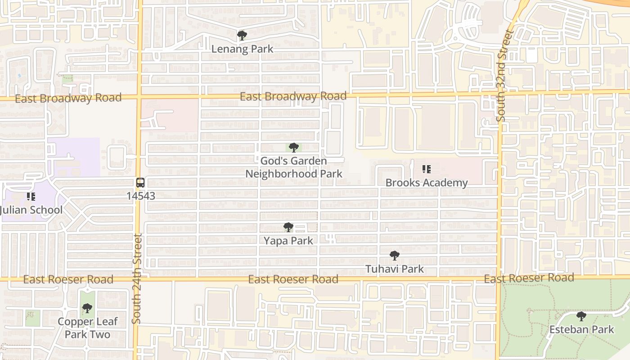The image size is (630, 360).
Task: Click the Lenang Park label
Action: [242, 49]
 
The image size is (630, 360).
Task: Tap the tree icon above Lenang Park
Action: [242, 35]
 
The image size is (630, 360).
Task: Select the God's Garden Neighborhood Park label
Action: [293, 167]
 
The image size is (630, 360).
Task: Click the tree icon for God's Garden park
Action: [294, 147]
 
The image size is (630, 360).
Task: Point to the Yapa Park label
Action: [288, 241]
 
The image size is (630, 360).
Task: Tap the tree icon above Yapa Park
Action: [288, 227]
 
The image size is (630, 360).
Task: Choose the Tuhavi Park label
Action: [395, 269]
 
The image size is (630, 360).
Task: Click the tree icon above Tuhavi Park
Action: [395, 256]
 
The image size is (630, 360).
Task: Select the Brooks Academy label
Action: [427, 183]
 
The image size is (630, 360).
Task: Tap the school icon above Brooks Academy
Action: [426, 169]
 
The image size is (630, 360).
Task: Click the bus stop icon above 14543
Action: [140, 182]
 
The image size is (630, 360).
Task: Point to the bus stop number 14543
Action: [140, 196]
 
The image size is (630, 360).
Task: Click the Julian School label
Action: [31, 210]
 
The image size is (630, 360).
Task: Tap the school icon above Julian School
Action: [31, 196]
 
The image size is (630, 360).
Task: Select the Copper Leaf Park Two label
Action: [87, 328]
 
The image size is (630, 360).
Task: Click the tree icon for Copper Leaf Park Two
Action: [87, 308]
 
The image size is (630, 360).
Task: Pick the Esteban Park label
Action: [581, 329]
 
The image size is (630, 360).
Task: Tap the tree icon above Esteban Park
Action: [581, 316]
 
